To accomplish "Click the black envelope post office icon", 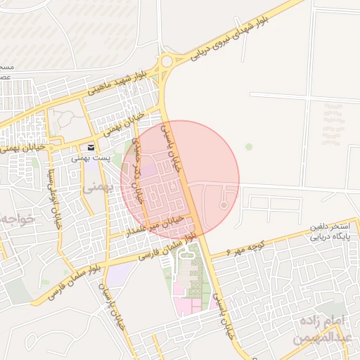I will pyautogui.click(x=91, y=148).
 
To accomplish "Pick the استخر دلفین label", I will pyautogui.click(x=328, y=229).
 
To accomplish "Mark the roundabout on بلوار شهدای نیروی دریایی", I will pyautogui.click(x=167, y=61).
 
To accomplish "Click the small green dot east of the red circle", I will pyautogui.click(x=248, y=146).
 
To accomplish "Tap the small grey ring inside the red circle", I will pyautogui.click(x=224, y=205).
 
